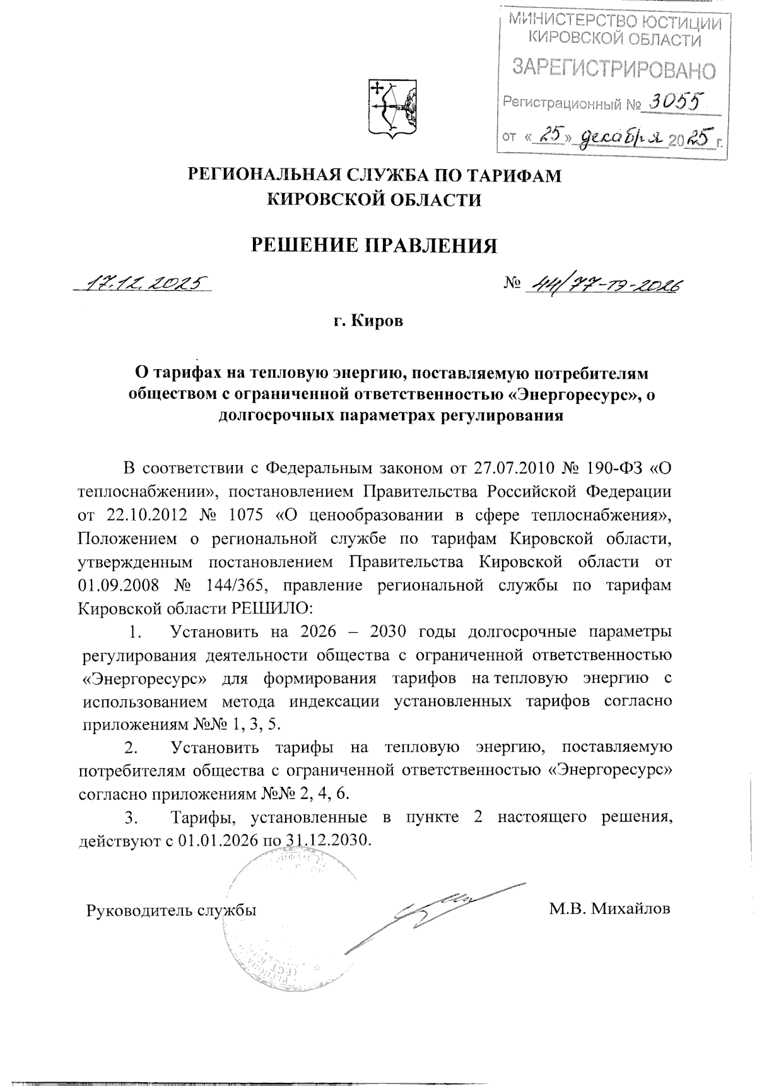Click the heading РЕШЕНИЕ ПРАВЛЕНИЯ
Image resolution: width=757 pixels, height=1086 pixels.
(374, 245)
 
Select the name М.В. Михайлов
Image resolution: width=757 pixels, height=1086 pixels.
(609, 909)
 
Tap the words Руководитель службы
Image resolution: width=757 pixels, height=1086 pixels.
(171, 911)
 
